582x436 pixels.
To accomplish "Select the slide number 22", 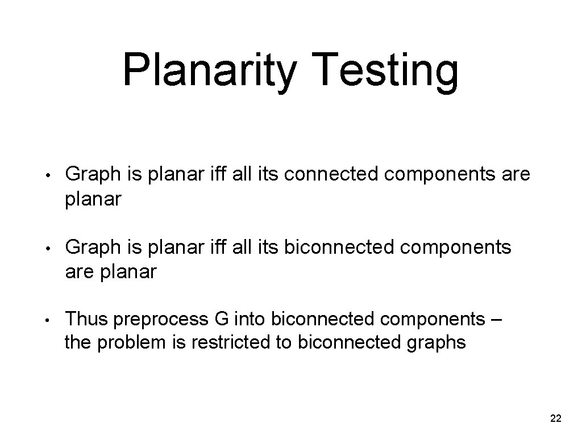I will (556, 419).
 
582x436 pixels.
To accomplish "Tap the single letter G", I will (222, 319).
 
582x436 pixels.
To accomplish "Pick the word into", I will (248, 319).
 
